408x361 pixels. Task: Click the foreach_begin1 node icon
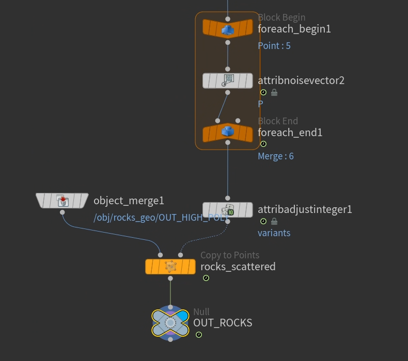[228, 29]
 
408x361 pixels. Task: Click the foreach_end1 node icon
[228, 133]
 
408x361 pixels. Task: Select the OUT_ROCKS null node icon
[170, 323]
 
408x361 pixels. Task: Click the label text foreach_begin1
[294, 29]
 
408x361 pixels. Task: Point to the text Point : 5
[274, 46]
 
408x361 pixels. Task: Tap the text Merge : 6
[276, 156]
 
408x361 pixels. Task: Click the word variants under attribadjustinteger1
[274, 233]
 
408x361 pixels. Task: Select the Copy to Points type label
[230, 255]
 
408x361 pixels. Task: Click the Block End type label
[278, 121]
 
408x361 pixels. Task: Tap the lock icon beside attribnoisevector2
[274, 92]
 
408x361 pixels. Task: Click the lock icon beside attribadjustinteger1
[274, 221]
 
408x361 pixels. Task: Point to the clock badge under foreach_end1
[263, 144]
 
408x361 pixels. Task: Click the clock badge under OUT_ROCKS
[198, 335]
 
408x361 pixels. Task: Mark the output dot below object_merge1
[62, 212]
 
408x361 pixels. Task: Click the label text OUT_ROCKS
[223, 323]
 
